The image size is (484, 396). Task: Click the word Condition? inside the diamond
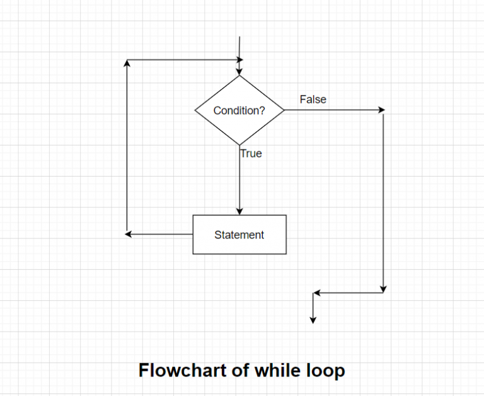[239, 110]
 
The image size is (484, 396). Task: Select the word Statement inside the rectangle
[239, 235]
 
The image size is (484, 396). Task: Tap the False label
[313, 99]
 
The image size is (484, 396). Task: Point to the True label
[251, 153]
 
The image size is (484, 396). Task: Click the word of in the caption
[240, 370]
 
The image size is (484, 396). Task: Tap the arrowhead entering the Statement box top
[239, 211]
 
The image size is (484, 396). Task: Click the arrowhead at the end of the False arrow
[381, 110]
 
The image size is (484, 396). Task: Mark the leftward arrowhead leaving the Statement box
[129, 234]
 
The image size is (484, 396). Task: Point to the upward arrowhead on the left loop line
[127, 62]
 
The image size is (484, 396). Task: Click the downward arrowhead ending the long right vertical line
[383, 289]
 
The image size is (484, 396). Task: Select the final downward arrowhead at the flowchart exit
[313, 319]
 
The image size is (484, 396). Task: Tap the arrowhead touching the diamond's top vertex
[239, 72]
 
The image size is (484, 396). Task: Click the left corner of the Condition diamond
[195, 110]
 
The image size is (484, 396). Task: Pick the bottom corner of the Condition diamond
[239, 145]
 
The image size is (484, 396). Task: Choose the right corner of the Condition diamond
[284, 110]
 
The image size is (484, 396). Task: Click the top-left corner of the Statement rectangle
[193, 215]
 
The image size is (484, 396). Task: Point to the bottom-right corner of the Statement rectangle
[286, 253]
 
